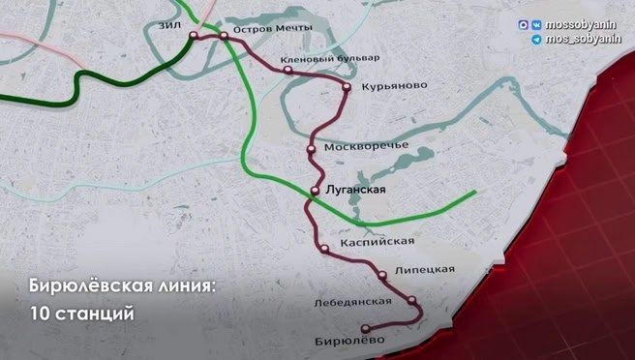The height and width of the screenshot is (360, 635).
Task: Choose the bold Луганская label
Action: click(357, 190)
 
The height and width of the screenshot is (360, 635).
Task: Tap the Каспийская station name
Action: click(378, 241)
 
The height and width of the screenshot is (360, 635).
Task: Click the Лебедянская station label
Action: click(352, 302)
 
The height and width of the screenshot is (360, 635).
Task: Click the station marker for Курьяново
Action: click(346, 87)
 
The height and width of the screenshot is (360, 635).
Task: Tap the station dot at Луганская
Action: click(316, 190)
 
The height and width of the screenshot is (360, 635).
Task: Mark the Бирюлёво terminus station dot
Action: click(364, 329)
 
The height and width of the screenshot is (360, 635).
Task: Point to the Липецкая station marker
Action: click(383, 275)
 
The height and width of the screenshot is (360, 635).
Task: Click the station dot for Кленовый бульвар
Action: click(287, 69)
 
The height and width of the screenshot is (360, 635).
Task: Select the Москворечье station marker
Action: click(311, 149)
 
